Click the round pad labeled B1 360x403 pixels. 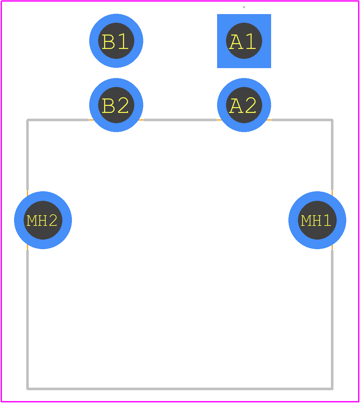(116, 41)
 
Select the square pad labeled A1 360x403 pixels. (244, 41)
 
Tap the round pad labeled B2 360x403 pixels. (116, 105)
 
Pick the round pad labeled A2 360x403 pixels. (244, 105)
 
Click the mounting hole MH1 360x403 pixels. (317, 220)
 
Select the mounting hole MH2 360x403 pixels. (43, 220)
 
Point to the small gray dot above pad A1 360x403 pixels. (244, 7)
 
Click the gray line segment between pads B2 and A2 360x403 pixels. (180, 120)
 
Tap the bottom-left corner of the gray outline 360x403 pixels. (27, 389)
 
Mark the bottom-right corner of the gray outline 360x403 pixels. (332, 389)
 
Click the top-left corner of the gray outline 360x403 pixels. (27, 120)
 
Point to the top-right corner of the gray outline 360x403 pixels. (332, 120)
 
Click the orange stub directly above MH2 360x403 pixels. (27, 193)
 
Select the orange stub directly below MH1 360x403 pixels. (332, 247)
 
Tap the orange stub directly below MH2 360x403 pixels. (27, 247)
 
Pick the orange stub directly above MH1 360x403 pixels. (332, 193)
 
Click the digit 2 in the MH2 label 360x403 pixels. (53, 220)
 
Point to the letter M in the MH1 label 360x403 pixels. (306, 220)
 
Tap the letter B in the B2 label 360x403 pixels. (108, 106)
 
